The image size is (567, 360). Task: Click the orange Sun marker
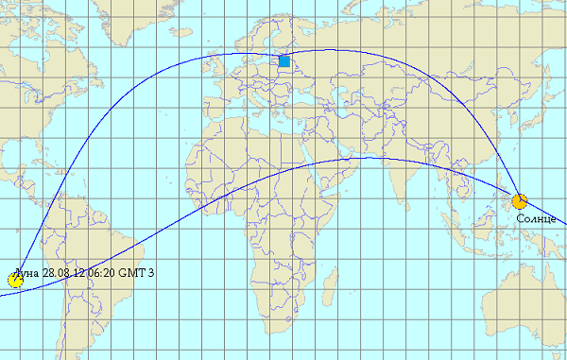click(x=519, y=201)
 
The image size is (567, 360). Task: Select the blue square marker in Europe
click(x=284, y=61)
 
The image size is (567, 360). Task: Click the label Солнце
click(x=536, y=218)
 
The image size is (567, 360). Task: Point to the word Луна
click(x=30, y=273)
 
